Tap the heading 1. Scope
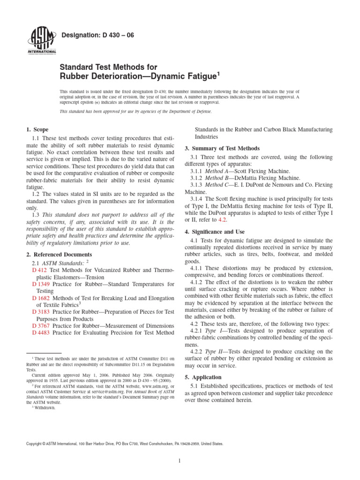[x=36, y=129]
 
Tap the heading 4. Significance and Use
[x=219, y=232]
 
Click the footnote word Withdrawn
[x=46, y=408]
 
